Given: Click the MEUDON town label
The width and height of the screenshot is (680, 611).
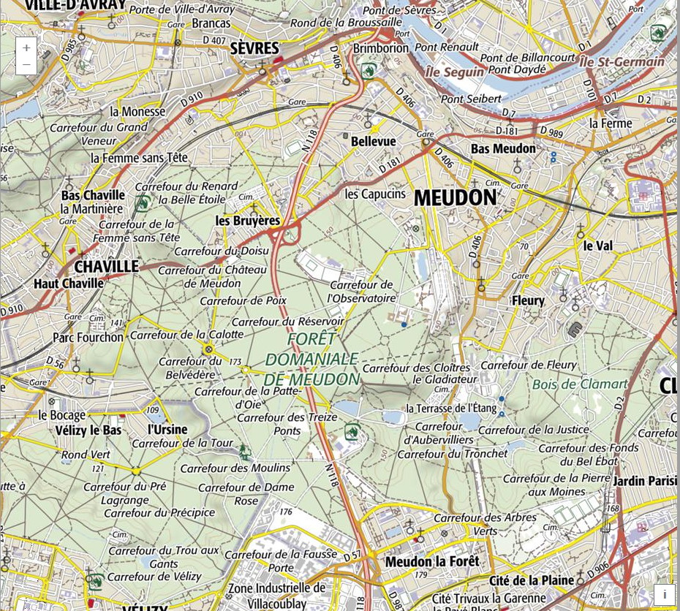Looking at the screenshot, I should pos(455,197).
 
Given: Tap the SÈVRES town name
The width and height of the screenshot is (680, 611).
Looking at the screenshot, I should pos(254,48).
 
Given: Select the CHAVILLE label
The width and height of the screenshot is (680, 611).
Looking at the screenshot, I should pos(106,266).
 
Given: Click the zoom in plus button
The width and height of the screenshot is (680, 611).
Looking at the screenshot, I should pos(26,48).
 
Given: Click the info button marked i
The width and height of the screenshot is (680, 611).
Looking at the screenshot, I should pos(664,594).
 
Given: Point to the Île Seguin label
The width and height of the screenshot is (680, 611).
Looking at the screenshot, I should pos(454,72).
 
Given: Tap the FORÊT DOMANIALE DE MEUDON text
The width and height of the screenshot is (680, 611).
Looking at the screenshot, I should pos(312,360).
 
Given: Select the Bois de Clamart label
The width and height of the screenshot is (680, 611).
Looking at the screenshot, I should pos(580,384).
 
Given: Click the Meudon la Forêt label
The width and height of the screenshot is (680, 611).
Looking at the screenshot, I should pos(432,561).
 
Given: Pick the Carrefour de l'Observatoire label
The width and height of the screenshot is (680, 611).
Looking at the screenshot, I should pos(361,292).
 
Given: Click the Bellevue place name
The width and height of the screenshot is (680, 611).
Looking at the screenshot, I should pos(373,141).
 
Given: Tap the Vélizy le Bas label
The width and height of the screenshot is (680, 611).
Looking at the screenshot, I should pos(88,430).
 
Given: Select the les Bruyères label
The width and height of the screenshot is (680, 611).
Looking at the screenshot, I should pos(248,220).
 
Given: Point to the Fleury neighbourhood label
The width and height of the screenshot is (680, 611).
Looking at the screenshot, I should pos(528,300).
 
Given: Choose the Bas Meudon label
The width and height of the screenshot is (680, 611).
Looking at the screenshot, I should pos(503,148).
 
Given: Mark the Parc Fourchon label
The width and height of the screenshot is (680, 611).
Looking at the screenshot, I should pos(88,337).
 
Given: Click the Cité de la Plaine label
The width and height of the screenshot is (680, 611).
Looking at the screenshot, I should pos(531,580).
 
